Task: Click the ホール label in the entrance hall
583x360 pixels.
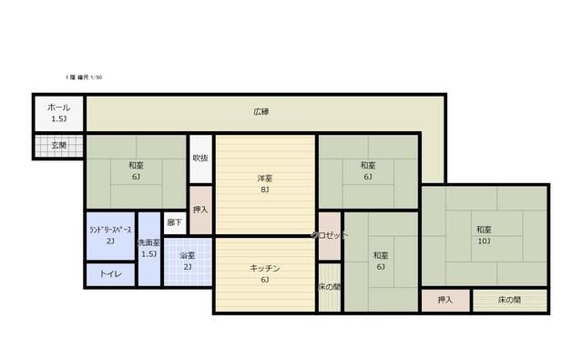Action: (58, 108)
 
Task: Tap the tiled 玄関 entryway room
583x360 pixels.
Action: (58, 145)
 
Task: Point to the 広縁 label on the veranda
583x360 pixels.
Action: (261, 112)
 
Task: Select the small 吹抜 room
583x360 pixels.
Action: (200, 158)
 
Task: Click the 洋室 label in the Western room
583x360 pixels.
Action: (264, 179)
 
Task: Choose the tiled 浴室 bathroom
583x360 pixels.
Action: (187, 262)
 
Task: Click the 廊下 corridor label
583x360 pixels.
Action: (175, 222)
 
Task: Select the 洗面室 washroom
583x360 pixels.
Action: (148, 249)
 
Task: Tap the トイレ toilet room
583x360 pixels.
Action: (110, 273)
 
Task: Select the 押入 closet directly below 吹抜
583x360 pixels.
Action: (200, 210)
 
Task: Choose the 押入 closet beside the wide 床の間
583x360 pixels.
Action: (445, 300)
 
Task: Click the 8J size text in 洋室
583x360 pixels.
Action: (264, 190)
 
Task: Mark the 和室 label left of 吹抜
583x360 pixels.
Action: (136, 165)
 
